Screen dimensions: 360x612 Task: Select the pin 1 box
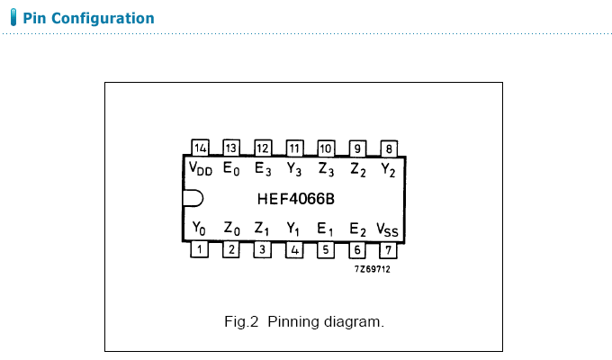point(200,249)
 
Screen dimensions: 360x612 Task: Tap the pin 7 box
point(389,249)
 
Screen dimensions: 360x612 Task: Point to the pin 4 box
point(294,249)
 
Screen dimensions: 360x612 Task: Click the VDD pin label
point(201,168)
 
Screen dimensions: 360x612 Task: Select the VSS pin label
point(387,229)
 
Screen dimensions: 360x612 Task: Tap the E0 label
point(231,168)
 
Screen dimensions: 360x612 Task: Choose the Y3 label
point(294,168)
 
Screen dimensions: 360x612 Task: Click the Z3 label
point(326,168)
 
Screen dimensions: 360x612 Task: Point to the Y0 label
point(200,229)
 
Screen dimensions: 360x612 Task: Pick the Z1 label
point(262,229)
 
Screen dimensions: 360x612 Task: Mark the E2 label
point(357,229)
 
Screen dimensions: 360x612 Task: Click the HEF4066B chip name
point(294,199)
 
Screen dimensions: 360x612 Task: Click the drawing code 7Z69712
point(372,268)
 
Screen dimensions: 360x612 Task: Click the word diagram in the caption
point(358,321)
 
